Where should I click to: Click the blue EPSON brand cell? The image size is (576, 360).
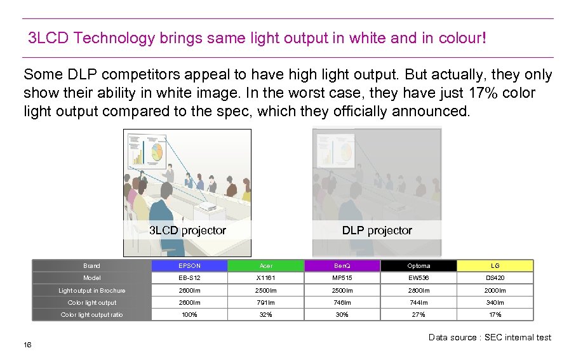click(189, 266)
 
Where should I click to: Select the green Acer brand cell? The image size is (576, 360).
click(265, 266)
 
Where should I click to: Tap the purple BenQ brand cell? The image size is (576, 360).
click(342, 266)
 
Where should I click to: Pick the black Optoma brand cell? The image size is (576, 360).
click(419, 266)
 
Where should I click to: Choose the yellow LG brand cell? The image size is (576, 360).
click(495, 266)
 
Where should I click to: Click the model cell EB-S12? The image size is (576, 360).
click(189, 278)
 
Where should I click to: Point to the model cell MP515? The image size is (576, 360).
click(342, 278)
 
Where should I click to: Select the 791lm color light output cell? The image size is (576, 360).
click(265, 303)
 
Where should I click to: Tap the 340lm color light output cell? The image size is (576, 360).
click(495, 303)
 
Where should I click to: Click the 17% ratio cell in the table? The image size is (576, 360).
click(495, 315)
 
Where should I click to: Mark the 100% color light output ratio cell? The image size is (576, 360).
click(189, 315)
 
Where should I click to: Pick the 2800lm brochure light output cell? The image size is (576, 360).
click(419, 291)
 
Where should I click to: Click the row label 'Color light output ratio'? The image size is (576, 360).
click(92, 315)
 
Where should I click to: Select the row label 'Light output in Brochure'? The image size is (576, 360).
click(92, 291)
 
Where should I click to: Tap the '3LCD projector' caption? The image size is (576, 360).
click(187, 230)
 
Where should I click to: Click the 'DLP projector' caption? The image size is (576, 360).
click(377, 230)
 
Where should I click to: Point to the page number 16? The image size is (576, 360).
click(27, 345)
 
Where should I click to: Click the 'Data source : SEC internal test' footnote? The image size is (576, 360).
click(490, 337)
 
